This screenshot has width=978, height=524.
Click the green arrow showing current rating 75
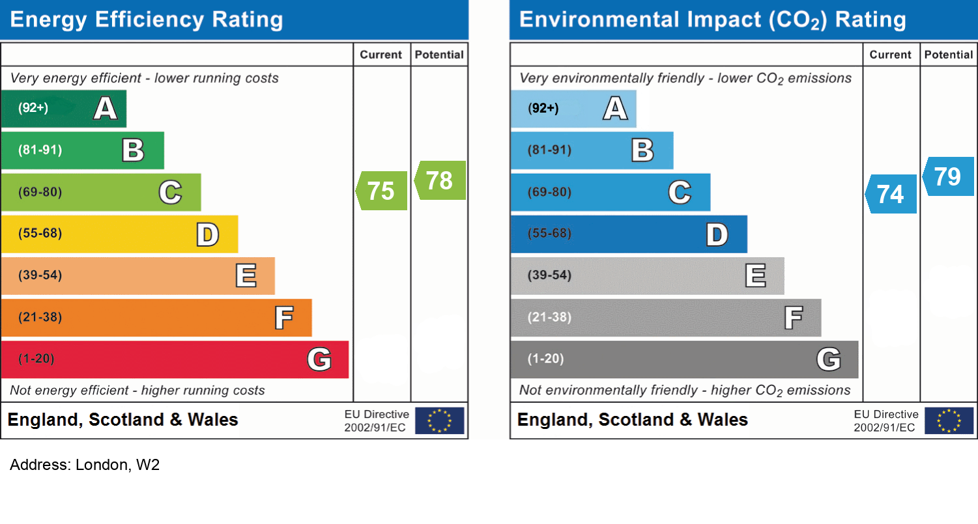pos(382,191)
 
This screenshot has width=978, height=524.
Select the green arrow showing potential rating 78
pos(440,180)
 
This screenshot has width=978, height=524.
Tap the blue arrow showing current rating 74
pos(891,194)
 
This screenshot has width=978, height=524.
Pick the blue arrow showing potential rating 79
pos(949,176)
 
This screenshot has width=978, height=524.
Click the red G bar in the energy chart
pos(175,359)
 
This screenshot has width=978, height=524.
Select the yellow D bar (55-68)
pos(119,234)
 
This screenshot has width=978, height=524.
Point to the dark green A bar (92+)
pos(63,109)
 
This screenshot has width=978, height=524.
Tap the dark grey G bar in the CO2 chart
pos(684,359)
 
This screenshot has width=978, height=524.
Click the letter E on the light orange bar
pos(246,276)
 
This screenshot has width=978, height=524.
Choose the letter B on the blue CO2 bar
pos(642,150)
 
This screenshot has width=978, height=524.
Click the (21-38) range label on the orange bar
pos(40,318)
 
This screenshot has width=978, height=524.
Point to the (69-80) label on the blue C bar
pos(549,192)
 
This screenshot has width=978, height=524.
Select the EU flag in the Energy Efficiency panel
pos(440,421)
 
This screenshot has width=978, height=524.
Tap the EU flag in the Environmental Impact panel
pos(949,421)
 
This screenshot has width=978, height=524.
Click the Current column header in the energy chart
pos(381,55)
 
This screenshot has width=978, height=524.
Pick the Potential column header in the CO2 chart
pos(949,55)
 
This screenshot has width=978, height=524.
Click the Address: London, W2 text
pos(85,465)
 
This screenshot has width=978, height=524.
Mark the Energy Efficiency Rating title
pos(147,20)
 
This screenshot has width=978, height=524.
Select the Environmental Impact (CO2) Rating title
pos(712,20)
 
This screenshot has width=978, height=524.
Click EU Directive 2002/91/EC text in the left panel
pos(376,421)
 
